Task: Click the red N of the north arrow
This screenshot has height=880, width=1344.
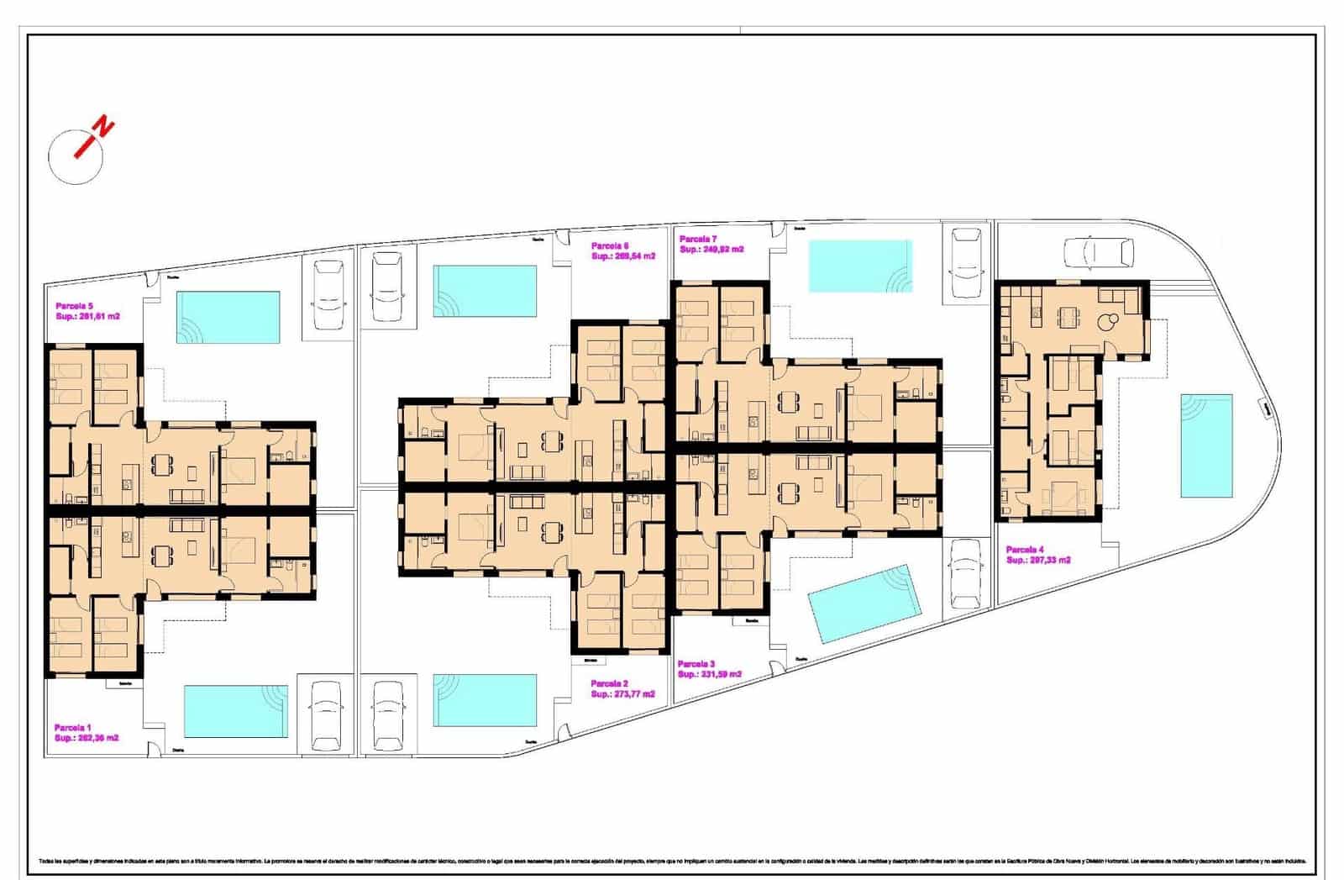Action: pyautogui.click(x=103, y=128)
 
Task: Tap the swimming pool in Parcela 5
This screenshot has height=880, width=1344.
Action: pyautogui.click(x=228, y=317)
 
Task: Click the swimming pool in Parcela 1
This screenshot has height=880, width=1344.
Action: pyautogui.click(x=236, y=711)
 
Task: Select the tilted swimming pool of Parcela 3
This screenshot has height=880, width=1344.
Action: pyautogui.click(x=864, y=603)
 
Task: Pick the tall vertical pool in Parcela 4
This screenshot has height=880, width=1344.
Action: pyautogui.click(x=1206, y=445)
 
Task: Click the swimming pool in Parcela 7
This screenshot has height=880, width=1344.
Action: pyautogui.click(x=859, y=266)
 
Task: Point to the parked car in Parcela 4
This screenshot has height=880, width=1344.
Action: pyautogui.click(x=1098, y=251)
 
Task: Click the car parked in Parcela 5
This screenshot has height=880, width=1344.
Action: pyautogui.click(x=328, y=294)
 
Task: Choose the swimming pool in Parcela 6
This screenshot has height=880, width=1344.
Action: pyautogui.click(x=485, y=291)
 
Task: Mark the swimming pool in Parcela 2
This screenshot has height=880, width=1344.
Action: pyautogui.click(x=485, y=700)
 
